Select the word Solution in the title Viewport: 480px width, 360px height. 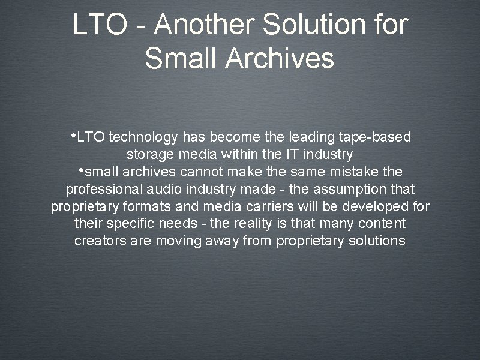(x=316, y=26)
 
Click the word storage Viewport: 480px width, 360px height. (x=149, y=155)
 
